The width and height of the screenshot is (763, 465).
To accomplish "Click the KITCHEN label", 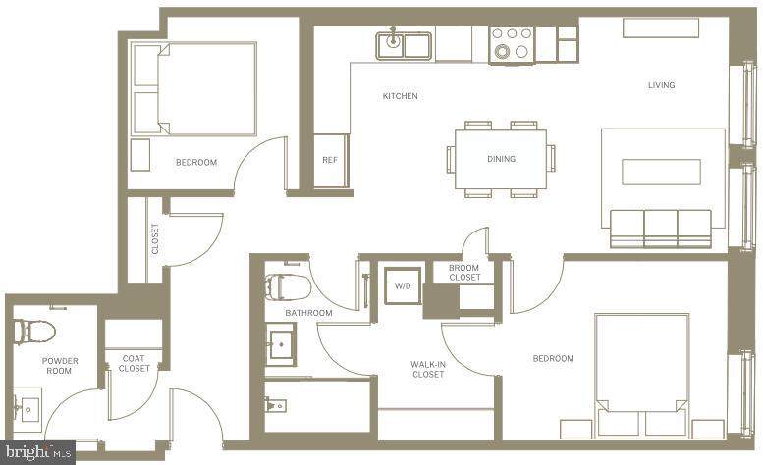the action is (400, 96).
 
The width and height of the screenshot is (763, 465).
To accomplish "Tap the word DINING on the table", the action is (501, 159).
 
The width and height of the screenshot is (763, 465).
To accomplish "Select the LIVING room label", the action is (661, 85).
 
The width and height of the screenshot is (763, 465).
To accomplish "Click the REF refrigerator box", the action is (331, 160).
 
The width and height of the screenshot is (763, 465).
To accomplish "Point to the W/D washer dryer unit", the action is (402, 285).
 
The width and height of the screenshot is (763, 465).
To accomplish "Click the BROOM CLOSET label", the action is (464, 273).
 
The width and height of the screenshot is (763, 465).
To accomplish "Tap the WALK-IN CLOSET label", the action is (428, 369).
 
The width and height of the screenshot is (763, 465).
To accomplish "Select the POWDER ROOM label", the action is (60, 366).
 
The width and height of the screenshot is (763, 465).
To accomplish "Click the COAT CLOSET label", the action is (134, 363).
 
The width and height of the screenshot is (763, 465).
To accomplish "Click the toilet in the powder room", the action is (34, 331).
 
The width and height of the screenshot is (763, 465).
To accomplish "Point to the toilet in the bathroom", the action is (288, 286).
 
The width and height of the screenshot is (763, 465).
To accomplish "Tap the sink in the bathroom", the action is (282, 344).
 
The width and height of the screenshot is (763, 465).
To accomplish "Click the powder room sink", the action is (27, 409).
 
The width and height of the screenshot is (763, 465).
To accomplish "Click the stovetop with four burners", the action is (512, 45).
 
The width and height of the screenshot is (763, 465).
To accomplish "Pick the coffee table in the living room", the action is (661, 172).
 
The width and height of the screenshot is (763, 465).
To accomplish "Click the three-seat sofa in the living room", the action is (661, 229).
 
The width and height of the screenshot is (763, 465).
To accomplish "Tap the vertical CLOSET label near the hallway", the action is (155, 238).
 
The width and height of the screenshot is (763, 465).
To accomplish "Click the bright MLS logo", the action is (38, 453).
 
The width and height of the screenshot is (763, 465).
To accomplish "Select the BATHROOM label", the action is (308, 313).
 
